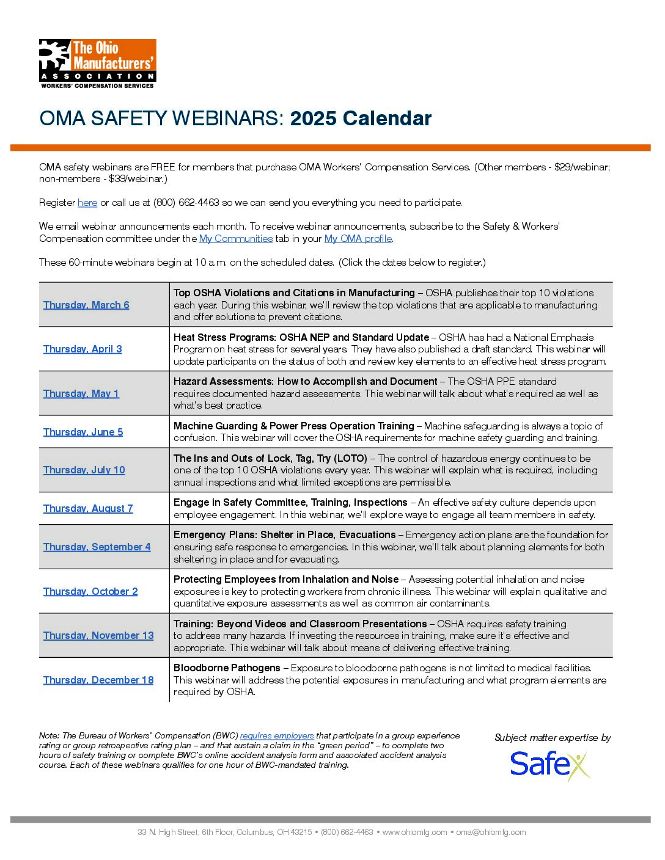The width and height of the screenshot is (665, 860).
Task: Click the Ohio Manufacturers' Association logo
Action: pyautogui.click(x=98, y=64)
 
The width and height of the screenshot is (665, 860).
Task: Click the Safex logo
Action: pyautogui.click(x=550, y=765)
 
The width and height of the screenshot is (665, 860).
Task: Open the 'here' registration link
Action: pyautogui.click(x=87, y=203)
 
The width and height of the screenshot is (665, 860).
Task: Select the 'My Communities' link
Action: pyautogui.click(x=236, y=239)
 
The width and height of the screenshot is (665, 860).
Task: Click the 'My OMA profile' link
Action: pyautogui.click(x=358, y=239)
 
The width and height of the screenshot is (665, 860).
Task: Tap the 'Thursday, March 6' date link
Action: pyautogui.click(x=86, y=305)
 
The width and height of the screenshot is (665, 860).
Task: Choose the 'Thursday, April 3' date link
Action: pyautogui.click(x=83, y=349)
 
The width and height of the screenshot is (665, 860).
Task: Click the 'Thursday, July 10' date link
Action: pyautogui.click(x=84, y=470)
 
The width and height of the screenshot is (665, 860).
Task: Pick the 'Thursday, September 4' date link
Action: pyautogui.click(x=97, y=547)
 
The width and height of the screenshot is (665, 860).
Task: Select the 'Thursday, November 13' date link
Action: pyautogui.click(x=98, y=636)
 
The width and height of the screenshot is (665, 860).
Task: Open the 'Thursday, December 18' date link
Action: pyautogui.click(x=98, y=680)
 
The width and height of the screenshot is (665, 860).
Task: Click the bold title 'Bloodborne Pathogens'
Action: pyautogui.click(x=227, y=668)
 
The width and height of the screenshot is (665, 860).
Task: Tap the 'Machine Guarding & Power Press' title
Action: pyautogui.click(x=294, y=426)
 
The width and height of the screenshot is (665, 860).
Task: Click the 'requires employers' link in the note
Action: pyautogui.click(x=277, y=736)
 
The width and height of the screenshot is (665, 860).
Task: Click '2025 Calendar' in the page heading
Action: pyautogui.click(x=361, y=118)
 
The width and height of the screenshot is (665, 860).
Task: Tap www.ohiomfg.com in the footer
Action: pyautogui.click(x=415, y=833)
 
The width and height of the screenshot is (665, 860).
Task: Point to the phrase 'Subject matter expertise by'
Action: pyautogui.click(x=553, y=738)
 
